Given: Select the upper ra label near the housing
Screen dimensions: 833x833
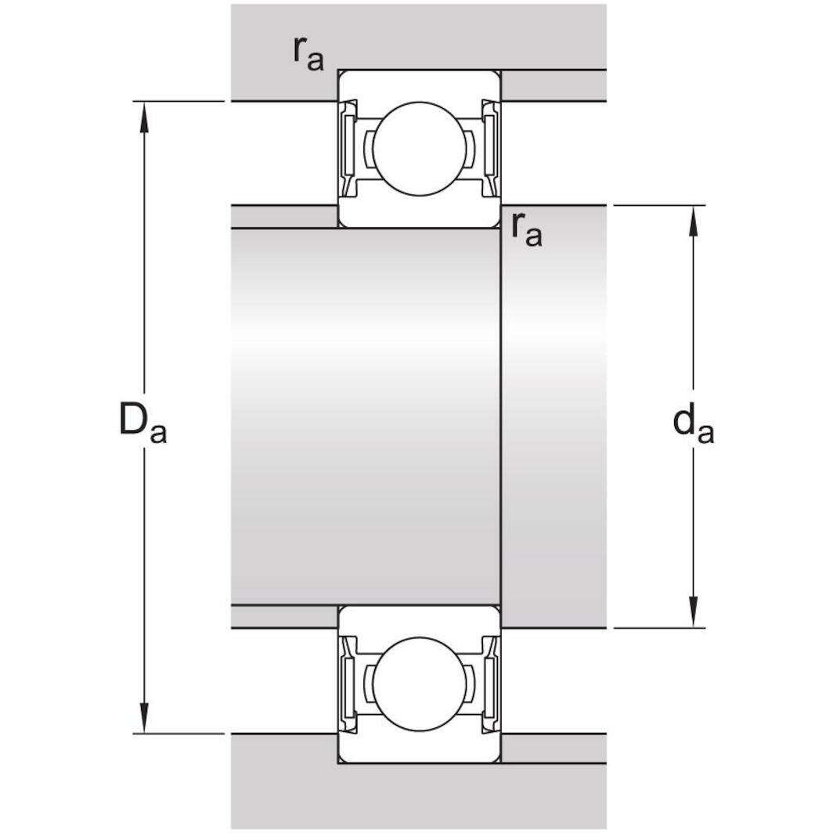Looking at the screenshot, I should [x=308, y=53].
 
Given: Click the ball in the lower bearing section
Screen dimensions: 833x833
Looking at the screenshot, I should [x=419, y=683].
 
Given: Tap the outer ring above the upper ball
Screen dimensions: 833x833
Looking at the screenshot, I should [x=419, y=85].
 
